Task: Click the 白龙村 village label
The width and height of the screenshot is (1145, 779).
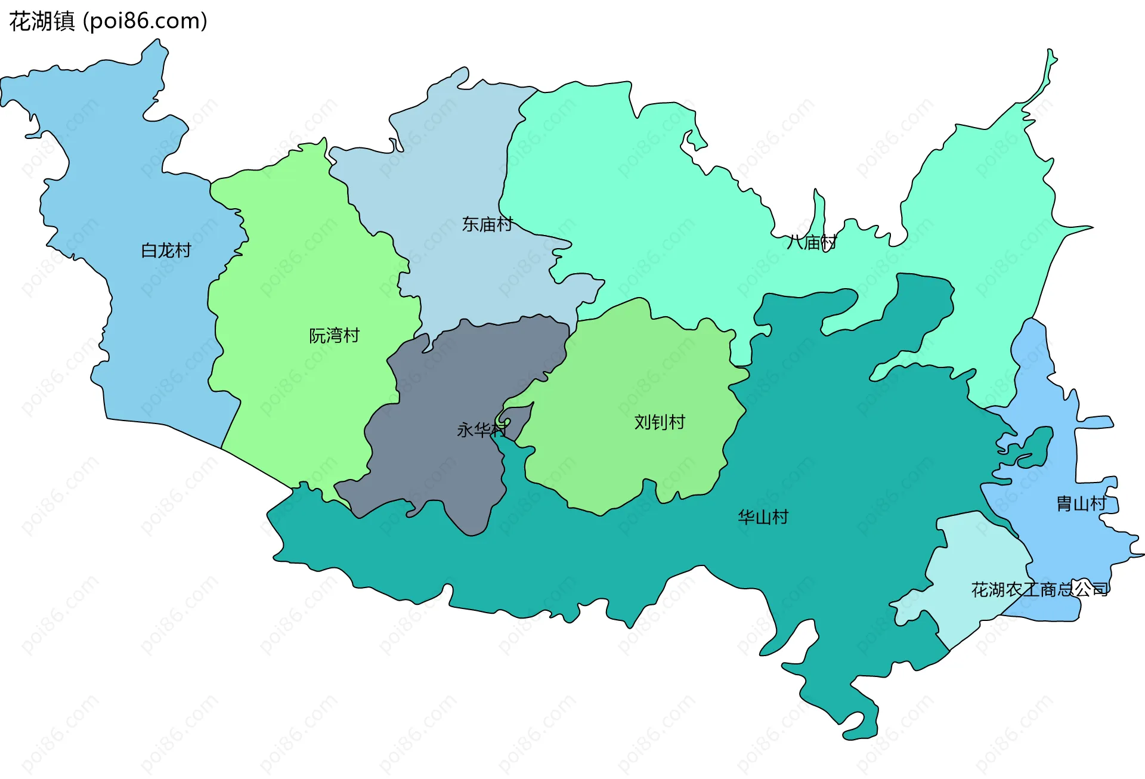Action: tap(166, 251)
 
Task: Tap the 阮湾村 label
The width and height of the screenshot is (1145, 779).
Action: tap(334, 336)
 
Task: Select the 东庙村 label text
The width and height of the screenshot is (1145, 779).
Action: tap(487, 224)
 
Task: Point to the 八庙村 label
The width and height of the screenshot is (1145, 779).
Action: tap(811, 242)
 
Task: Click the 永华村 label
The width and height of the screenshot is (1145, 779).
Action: tap(481, 429)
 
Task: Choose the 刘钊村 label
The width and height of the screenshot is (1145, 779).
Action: tap(660, 422)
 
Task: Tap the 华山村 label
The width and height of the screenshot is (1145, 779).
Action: tap(763, 517)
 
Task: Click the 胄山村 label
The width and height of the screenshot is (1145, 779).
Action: tap(1081, 504)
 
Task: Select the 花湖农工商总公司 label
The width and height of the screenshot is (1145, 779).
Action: tap(1039, 589)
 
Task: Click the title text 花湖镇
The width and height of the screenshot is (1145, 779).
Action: tap(42, 21)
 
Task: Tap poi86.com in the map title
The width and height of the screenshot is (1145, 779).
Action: tap(146, 21)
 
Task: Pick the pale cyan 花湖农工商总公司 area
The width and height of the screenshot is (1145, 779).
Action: tap(978, 555)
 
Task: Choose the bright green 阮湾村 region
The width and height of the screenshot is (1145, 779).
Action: tap(298, 268)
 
